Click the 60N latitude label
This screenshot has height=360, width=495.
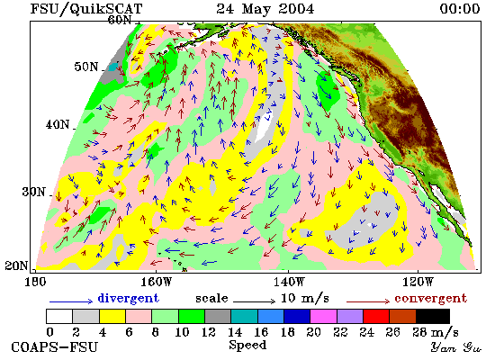(x=120, y=20)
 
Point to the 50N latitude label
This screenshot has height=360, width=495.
(x=85, y=67)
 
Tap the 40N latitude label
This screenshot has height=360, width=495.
(x=58, y=124)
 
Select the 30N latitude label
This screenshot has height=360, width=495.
(x=33, y=192)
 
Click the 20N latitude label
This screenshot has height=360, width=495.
(x=16, y=265)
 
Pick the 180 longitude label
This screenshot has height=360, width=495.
(x=35, y=282)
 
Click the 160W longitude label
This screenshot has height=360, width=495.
(x=156, y=282)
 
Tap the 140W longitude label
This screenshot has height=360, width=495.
(x=289, y=282)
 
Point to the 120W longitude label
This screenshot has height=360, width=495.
(x=418, y=282)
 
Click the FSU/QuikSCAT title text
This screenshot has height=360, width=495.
(x=86, y=8)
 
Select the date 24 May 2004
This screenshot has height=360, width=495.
(x=265, y=8)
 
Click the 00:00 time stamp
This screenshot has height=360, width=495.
(x=460, y=8)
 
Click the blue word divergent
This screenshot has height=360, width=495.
(x=128, y=298)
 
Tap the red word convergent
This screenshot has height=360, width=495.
(x=430, y=299)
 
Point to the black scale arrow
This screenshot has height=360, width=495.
(x=254, y=301)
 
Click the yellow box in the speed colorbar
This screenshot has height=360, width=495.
(x=112, y=317)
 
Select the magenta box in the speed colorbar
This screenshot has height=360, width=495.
(x=324, y=317)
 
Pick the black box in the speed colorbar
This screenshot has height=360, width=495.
(x=433, y=317)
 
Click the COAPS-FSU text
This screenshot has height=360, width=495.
(x=54, y=346)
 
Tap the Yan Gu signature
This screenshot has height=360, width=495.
(x=456, y=347)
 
